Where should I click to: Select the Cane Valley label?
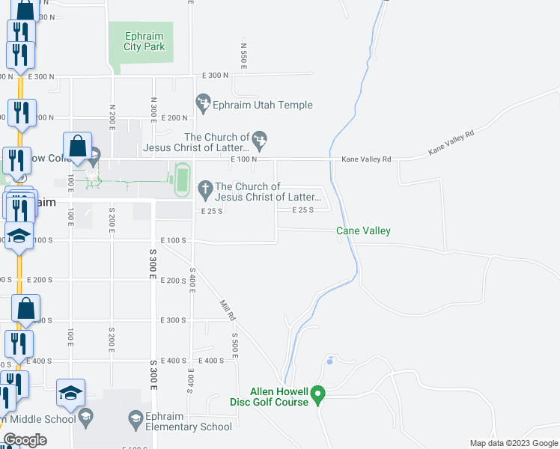tap(363, 231)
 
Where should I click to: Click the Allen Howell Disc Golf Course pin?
tap(317, 393)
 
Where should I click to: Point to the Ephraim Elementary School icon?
tap(136, 417)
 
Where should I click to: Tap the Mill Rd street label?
tap(227, 306)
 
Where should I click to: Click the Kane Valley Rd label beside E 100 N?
tap(367, 159)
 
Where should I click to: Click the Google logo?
tap(25, 440)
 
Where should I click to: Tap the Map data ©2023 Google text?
tap(513, 443)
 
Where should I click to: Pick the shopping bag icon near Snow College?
tap(78, 147)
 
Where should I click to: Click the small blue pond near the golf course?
tap(329, 361)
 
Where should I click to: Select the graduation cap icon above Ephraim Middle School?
tap(71, 393)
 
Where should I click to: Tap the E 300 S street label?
tap(174, 320)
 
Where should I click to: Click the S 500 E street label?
tap(234, 344)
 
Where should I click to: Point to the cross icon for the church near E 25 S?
tap(204, 188)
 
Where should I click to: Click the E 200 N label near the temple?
tap(174, 118)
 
